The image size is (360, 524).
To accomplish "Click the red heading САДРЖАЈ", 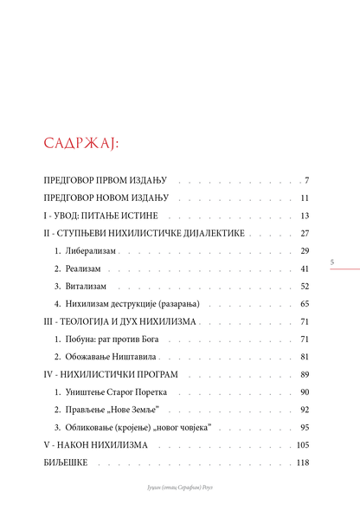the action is coord(81,144).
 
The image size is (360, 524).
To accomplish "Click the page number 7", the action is coord(306,180).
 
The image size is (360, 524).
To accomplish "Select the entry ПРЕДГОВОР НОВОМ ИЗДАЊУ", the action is coord(106,197).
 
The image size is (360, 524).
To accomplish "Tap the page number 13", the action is coord(305,216).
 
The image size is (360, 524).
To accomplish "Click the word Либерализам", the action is coord(91,250).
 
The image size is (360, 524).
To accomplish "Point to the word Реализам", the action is coord(83,268).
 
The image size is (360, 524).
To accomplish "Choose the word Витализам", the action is coord(86,287).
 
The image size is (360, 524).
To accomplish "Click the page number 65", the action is coord(305,304).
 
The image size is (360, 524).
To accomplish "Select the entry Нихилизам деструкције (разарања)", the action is coord(132,304).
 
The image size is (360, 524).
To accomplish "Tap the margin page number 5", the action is coord(332,262).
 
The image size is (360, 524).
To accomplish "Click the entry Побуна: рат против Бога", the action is coord(112,340).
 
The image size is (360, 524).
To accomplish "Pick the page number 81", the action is coord(305,357).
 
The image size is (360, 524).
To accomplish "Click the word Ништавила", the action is coord(134,357).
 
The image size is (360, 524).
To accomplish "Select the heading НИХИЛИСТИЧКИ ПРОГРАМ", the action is coord(119,374).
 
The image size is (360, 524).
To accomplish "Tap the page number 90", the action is coord(305,392).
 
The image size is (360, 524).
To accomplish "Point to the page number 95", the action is coord(305,427).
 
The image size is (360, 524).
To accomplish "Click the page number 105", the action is coord(303,445).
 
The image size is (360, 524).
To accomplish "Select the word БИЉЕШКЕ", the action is coord(66,463).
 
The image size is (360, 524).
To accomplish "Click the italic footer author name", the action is coord(180,488).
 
